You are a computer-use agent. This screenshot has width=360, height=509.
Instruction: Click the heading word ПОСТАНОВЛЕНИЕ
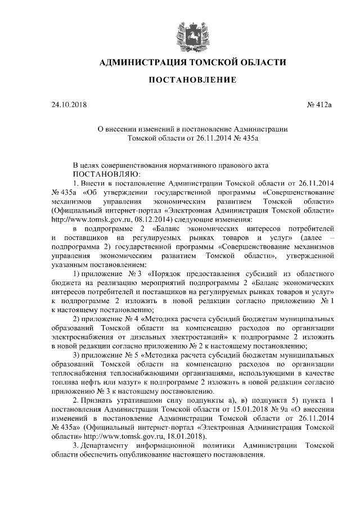192,80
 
